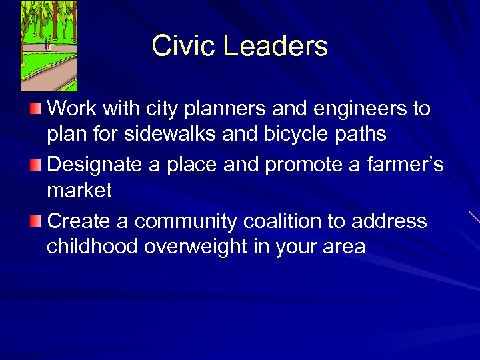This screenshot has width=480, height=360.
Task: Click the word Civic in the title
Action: [x=183, y=46]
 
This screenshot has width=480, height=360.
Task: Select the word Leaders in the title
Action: [x=275, y=46]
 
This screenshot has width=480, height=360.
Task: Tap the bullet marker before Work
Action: [x=37, y=107]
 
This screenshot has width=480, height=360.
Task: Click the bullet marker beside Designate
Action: [x=37, y=163]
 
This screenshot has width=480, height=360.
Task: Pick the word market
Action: [x=79, y=191]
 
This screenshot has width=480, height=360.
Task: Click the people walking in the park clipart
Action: [x=48, y=46]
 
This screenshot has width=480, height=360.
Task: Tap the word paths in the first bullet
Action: [x=361, y=134]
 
